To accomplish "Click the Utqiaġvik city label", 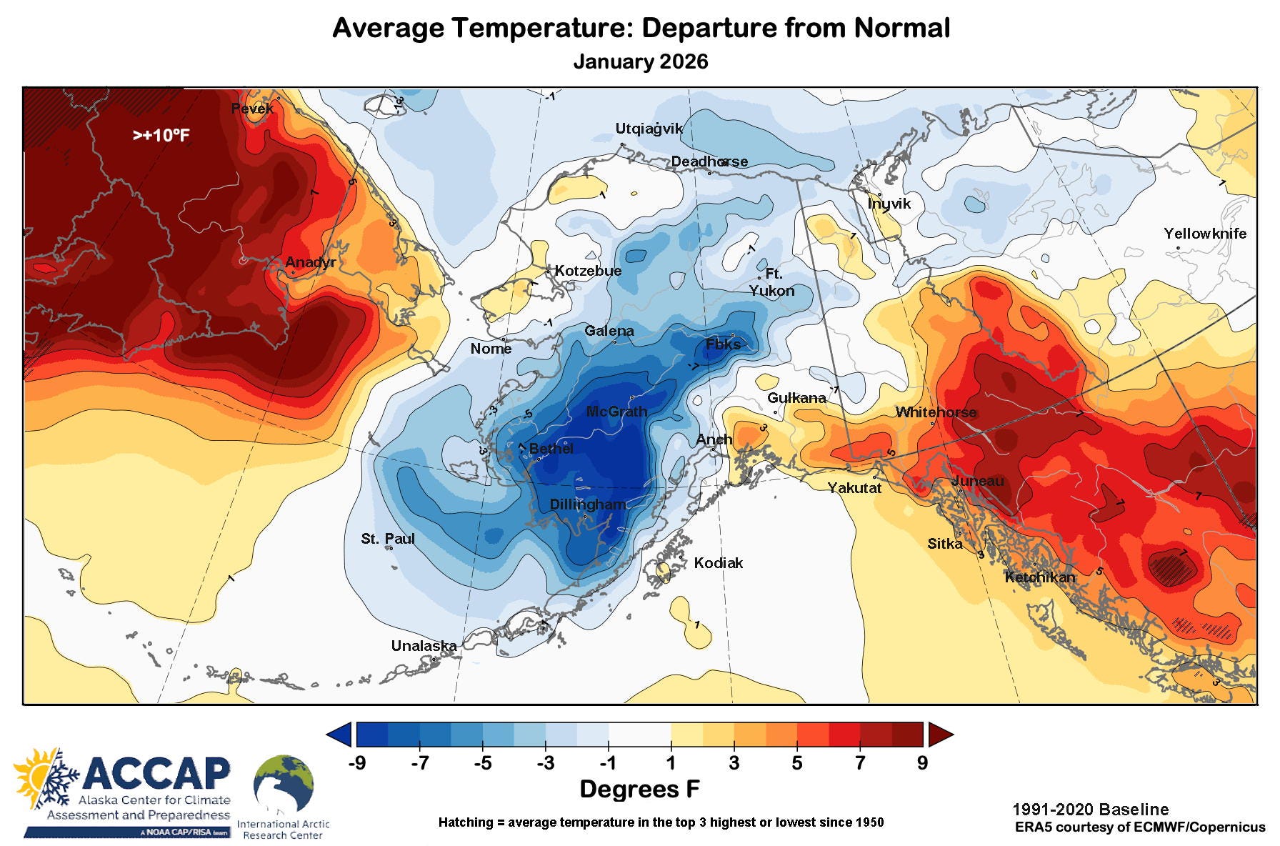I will [649, 129].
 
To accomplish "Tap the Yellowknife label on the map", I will [1204, 234].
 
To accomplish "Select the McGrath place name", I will [616, 412].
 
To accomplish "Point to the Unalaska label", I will [424, 646].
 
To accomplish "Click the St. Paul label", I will [387, 539].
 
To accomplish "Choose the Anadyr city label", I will [310, 262].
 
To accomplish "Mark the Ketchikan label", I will [1039, 577].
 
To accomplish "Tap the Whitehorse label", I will [936, 412].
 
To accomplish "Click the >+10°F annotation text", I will [161, 135].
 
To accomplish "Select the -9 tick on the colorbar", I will [356, 763].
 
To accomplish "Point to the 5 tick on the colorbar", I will [796, 763].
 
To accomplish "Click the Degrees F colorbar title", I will [639, 789].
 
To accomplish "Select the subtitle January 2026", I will [640, 61].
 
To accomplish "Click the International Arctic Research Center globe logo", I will [284, 785].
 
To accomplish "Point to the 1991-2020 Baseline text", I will [1090, 810].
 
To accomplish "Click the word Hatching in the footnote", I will [465, 822].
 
